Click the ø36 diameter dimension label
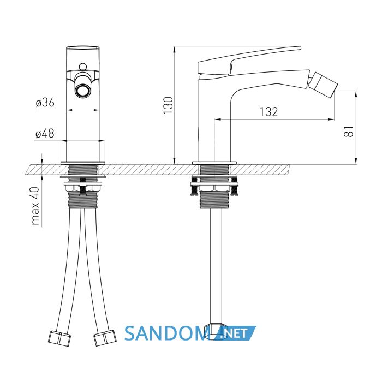click(45, 103)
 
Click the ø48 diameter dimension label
click(45, 134)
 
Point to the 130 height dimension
click(168, 105)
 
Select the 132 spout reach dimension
click(268, 112)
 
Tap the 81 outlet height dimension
click(349, 132)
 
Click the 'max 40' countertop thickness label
click(35, 206)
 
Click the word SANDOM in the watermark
click(166, 333)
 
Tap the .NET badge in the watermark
click(234, 333)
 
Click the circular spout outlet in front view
click(82, 91)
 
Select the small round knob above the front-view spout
click(83, 67)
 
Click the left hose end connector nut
click(59, 338)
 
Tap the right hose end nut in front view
click(105, 338)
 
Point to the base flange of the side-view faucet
click(214, 163)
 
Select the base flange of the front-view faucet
click(83, 163)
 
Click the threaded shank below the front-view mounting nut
click(83, 200)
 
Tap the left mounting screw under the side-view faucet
click(194, 187)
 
